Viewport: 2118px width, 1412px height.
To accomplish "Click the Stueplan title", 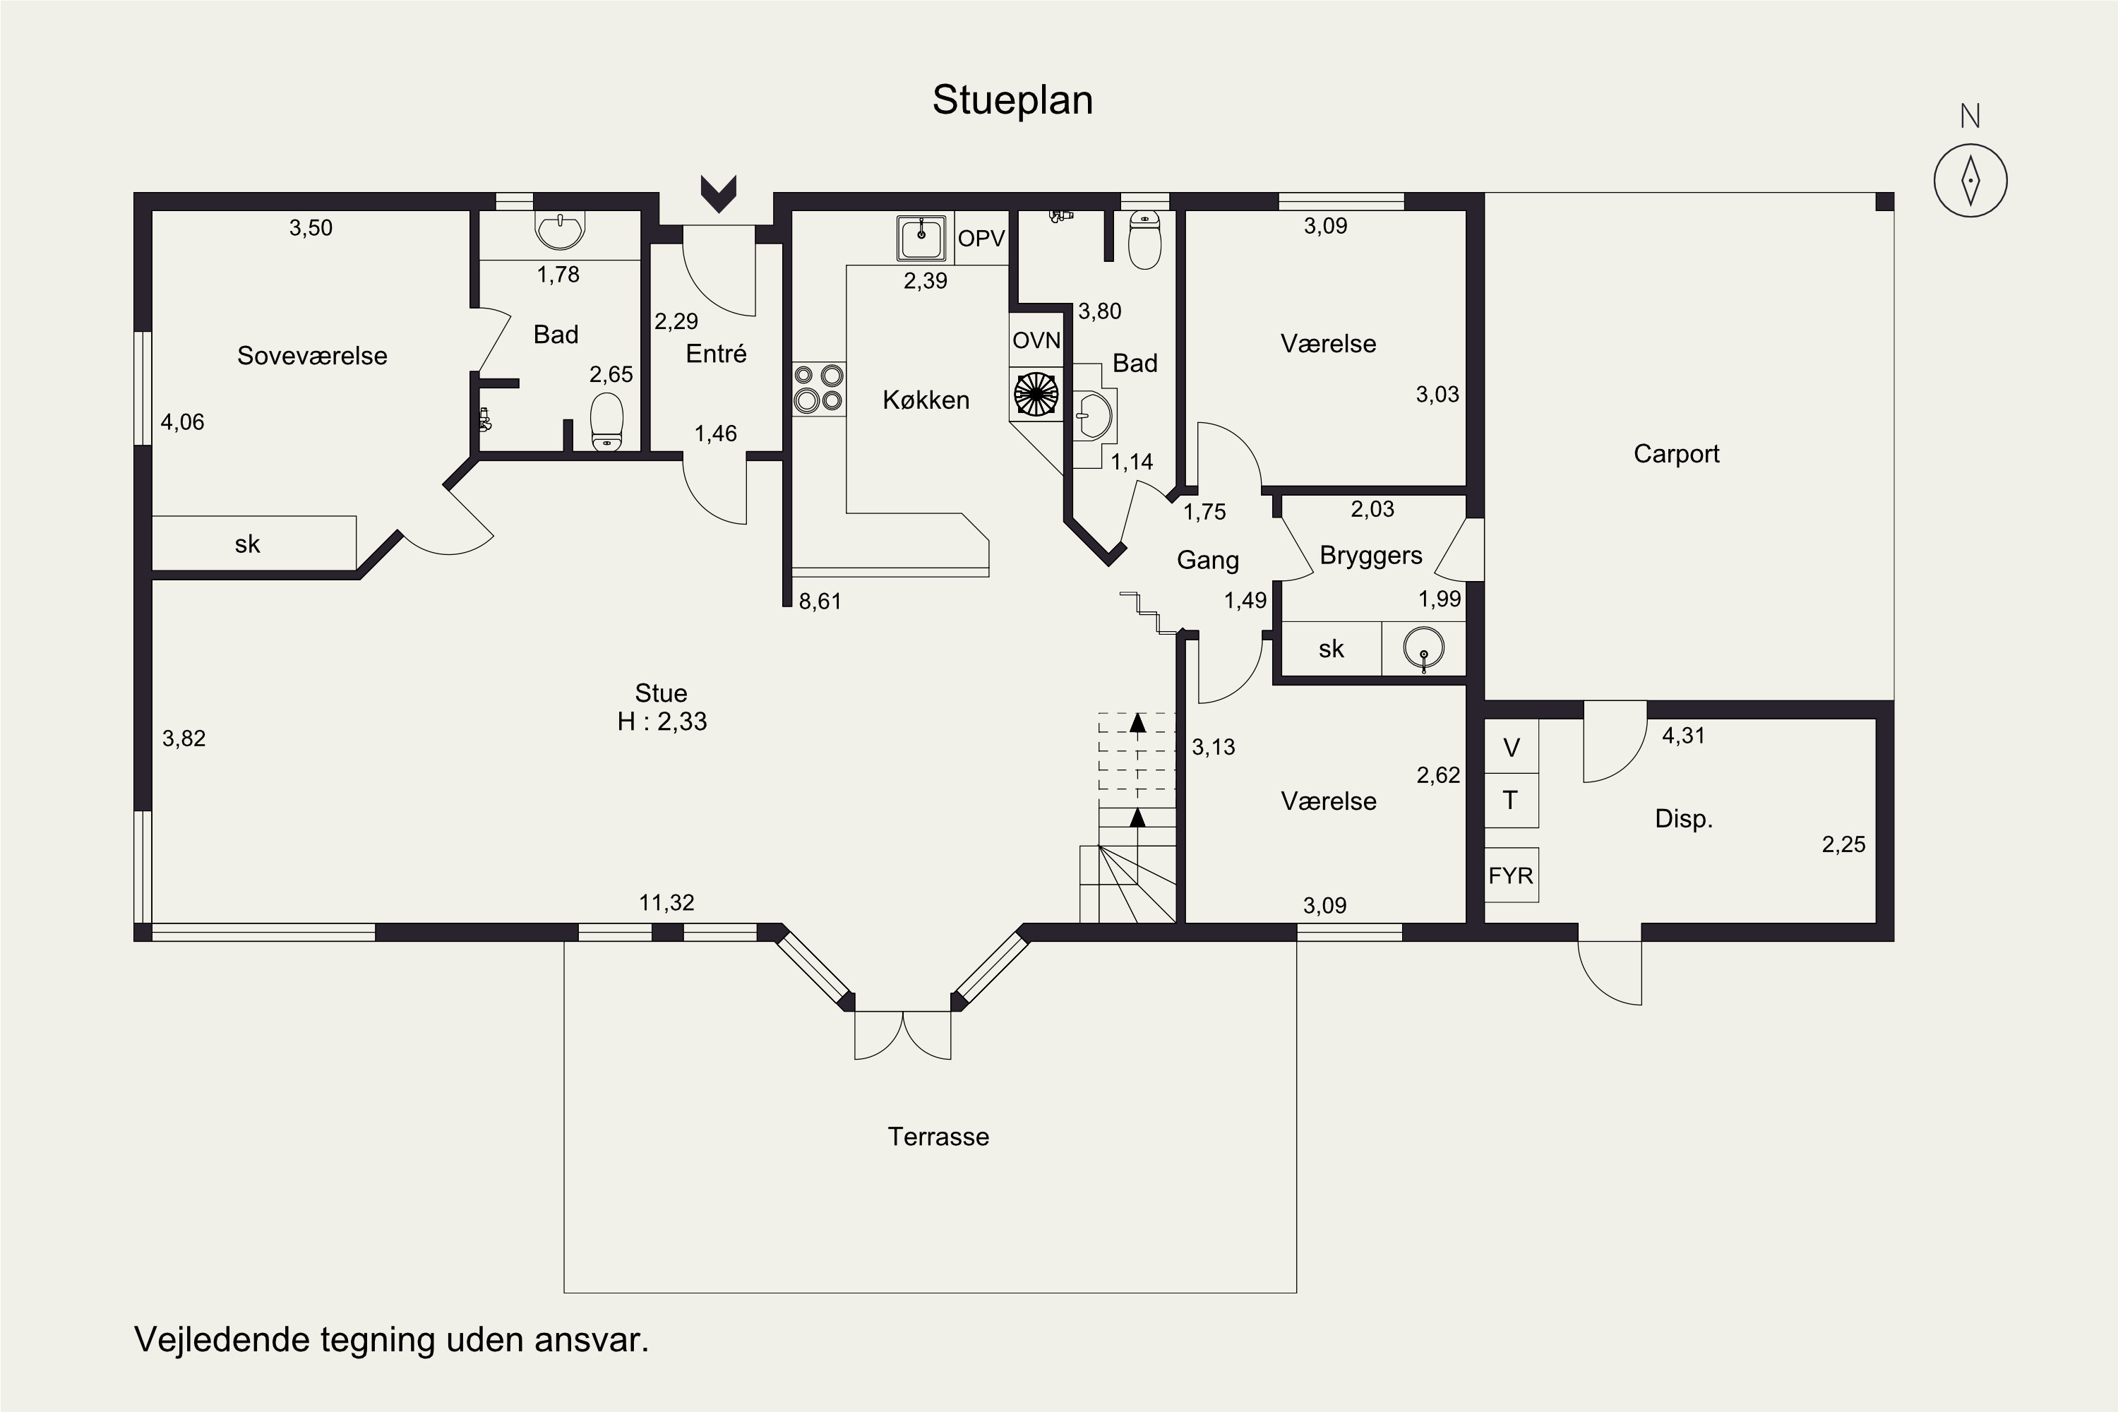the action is (x=1012, y=101).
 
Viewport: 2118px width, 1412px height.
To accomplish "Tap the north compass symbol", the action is (x=1970, y=179).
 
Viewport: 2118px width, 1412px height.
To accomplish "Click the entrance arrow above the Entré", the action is (x=719, y=193).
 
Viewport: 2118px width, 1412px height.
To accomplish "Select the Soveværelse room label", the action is (x=313, y=356).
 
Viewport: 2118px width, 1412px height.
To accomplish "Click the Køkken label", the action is (x=926, y=400).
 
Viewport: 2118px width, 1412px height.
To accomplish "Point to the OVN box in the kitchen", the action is (x=1036, y=340).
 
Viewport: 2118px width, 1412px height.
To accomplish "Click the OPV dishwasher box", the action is (x=981, y=239).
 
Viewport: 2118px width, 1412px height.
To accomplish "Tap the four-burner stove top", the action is (x=818, y=388).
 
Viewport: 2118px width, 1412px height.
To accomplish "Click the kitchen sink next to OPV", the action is (x=921, y=238).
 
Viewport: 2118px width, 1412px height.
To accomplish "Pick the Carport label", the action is (x=1676, y=454).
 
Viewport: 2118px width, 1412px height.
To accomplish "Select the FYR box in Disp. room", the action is (x=1511, y=875).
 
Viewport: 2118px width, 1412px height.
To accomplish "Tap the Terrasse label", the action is (x=938, y=1137).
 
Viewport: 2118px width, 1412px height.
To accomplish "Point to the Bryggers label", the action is (x=1370, y=556).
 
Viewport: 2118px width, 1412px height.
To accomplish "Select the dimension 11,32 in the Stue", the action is (x=666, y=902).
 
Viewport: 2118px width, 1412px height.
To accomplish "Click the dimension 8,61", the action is (x=820, y=601).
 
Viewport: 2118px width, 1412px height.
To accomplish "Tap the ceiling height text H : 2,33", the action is (x=662, y=722).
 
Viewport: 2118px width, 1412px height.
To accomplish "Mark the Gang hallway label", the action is (x=1207, y=560).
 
